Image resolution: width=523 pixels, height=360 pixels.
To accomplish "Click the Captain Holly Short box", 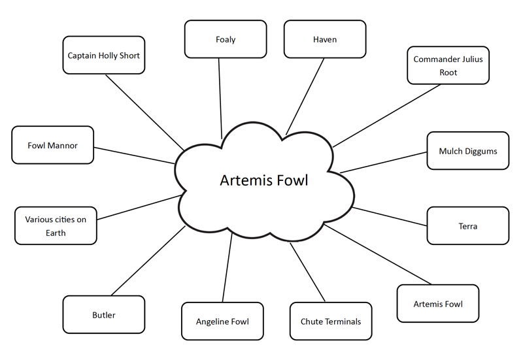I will click(103, 56).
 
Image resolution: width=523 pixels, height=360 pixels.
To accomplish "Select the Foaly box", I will click(225, 39).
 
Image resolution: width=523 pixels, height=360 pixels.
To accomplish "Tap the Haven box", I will click(324, 39).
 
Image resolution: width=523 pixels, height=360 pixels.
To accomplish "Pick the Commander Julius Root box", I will click(448, 65).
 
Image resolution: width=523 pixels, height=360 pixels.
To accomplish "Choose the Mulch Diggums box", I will click(467, 151).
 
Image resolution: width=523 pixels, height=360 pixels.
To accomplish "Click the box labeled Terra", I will click(467, 226).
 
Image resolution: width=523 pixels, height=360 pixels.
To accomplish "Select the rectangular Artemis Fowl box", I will click(438, 304).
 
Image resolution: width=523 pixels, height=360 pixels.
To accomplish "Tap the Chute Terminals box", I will click(330, 321).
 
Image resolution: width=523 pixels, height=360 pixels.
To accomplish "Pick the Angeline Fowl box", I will click(222, 321).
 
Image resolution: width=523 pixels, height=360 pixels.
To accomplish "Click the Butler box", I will click(103, 315).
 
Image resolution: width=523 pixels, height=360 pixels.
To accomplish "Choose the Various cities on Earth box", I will click(56, 226).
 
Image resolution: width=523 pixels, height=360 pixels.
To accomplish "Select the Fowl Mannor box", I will click(52, 145).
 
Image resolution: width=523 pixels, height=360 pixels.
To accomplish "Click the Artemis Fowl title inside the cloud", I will click(263, 180).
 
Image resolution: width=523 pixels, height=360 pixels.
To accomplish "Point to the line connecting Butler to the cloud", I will click(148, 261).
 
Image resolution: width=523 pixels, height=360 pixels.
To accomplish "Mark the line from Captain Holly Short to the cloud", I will click(144, 111).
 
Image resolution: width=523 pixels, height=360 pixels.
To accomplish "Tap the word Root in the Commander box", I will click(448, 73).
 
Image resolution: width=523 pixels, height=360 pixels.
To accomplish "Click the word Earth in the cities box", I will click(56, 233).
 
